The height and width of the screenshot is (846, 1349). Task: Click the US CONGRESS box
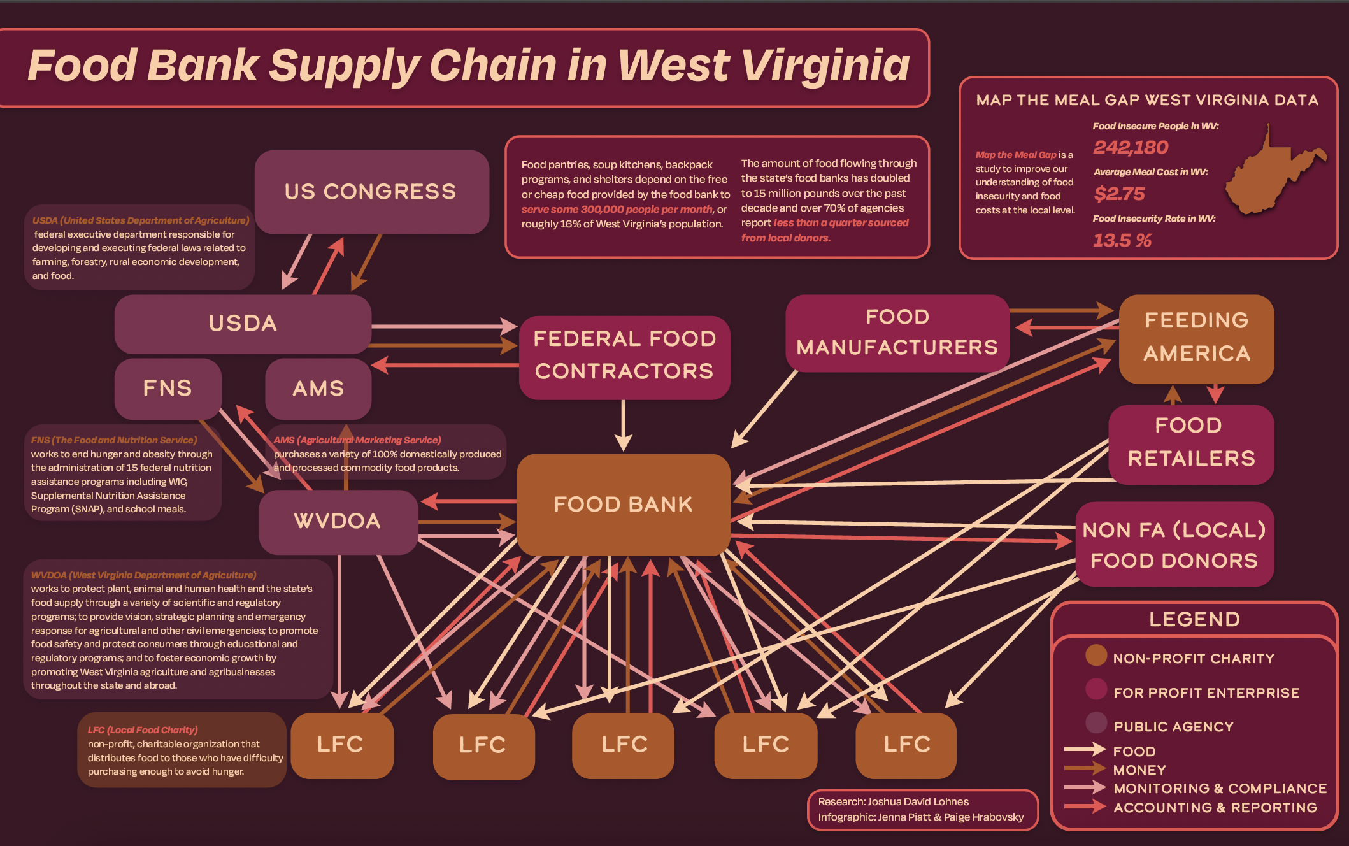371,192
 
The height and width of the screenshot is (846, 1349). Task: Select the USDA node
243,324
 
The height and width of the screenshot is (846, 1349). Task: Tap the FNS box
168,389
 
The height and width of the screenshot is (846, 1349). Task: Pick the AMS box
318,389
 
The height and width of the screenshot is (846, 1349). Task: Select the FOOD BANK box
623,504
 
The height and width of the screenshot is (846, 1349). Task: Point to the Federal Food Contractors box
624,355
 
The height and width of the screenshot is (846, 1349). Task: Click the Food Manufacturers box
897,332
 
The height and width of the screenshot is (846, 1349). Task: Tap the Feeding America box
1196,338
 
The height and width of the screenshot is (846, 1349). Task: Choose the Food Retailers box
1190,443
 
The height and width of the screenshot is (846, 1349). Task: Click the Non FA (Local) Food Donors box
1174,545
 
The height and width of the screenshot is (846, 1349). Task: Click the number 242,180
1131,148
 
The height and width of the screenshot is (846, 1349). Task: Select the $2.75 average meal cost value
1119,194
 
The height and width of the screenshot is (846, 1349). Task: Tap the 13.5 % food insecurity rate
1122,240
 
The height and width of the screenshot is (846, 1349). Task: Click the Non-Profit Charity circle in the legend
1096,656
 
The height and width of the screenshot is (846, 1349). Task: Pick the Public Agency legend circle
1096,723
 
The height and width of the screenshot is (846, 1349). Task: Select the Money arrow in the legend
1084,768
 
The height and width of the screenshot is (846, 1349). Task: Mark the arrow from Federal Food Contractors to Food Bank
623,426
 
